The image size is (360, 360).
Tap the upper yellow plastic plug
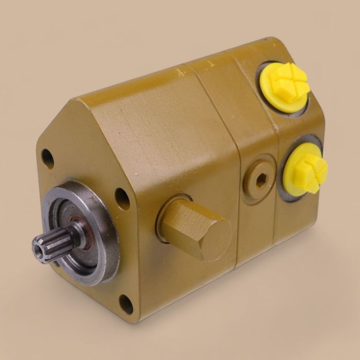284,86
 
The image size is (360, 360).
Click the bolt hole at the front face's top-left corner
47,158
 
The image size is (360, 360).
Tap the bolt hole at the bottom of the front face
126,304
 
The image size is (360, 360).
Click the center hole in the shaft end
39,248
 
